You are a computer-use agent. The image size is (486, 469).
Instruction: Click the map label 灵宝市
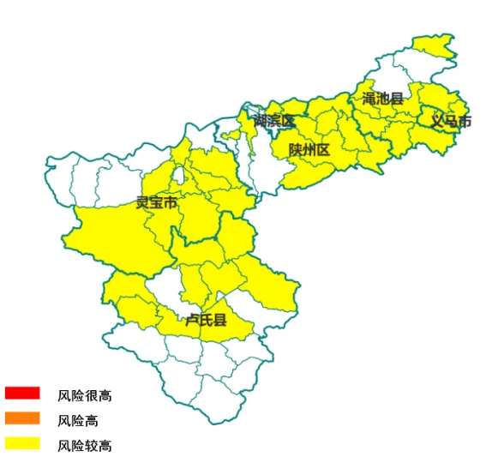[x=157, y=203]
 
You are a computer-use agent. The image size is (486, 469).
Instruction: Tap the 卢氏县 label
[x=207, y=321]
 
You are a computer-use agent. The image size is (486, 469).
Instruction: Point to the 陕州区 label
[x=309, y=151]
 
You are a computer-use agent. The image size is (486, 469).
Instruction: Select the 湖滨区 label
[x=273, y=121]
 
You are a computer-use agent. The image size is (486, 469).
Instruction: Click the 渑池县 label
[x=382, y=99]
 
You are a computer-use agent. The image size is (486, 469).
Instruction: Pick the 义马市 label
[x=451, y=122]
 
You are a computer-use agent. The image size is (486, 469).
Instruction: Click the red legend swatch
[x=22, y=394]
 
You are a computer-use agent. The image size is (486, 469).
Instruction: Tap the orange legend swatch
[x=22, y=418]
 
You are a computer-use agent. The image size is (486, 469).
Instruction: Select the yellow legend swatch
[x=22, y=444]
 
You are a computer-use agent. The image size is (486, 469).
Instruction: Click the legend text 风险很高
[x=85, y=395]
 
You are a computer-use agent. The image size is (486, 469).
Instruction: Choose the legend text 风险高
[x=78, y=421]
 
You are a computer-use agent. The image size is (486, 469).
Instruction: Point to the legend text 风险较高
[x=85, y=446]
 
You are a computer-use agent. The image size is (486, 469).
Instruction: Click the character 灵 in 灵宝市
[x=143, y=203]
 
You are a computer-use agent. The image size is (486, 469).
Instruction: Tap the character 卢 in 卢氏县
[x=193, y=321]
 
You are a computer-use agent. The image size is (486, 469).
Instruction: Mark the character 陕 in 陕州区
[x=295, y=151]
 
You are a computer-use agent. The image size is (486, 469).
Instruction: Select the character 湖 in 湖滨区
[x=260, y=121]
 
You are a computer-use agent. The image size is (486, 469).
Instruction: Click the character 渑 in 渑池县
[x=369, y=99]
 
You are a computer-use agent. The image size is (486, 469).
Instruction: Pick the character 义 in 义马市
[x=437, y=122]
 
